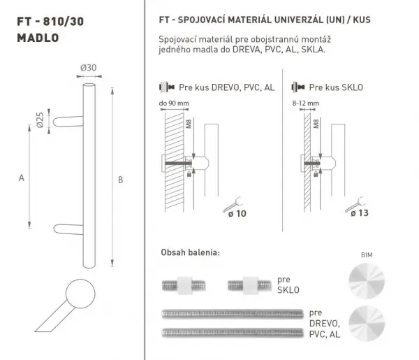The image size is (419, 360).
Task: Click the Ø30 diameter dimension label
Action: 88,68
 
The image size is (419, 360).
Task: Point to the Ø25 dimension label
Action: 40,120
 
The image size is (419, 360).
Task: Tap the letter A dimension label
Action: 22,178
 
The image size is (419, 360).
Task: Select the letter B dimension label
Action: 121,180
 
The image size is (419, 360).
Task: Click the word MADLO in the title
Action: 38,38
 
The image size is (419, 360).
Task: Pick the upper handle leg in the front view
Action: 68,122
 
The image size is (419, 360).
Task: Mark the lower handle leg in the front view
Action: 68,229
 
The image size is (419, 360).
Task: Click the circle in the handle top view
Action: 80,294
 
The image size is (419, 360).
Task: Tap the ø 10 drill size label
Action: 237,213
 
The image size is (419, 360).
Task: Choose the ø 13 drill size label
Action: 360,213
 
